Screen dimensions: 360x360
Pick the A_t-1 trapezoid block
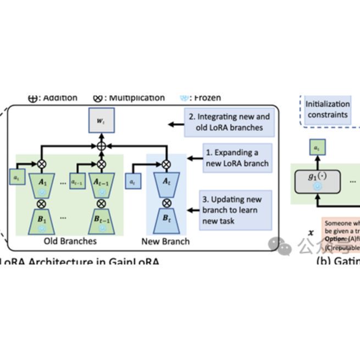[101, 184]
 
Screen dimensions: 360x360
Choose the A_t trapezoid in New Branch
[165, 184]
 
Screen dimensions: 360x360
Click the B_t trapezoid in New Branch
[165, 220]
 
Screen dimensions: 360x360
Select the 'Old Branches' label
[70, 241]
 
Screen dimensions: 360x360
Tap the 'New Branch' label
[165, 241]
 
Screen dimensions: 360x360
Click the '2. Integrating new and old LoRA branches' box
[229, 122]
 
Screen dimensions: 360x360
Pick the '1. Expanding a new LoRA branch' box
[237, 158]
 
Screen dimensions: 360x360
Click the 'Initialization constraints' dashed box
[328, 109]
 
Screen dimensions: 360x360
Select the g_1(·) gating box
[317, 181]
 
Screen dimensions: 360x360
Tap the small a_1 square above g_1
[317, 147]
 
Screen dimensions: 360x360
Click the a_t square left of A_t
[132, 181]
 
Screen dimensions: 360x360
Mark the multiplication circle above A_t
[165, 163]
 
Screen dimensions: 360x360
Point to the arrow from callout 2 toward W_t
[176, 125]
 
